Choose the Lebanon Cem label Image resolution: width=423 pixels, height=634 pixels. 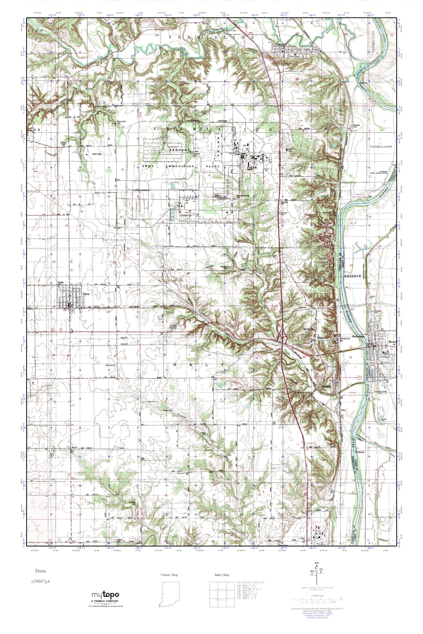63,144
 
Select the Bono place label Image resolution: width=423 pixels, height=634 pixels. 75,448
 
